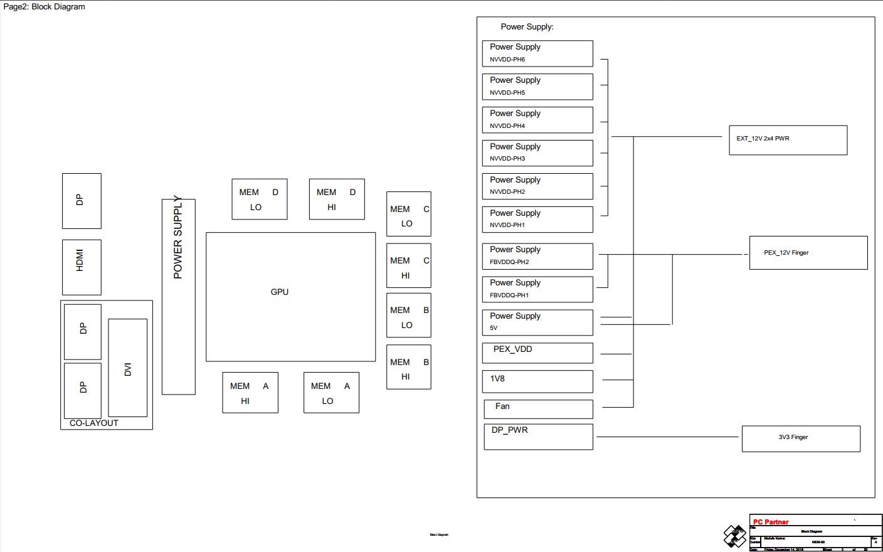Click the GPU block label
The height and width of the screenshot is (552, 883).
(x=280, y=292)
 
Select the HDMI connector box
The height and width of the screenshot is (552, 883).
(x=82, y=267)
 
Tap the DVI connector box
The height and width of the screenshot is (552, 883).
(x=128, y=368)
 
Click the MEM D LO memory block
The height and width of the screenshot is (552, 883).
(x=259, y=199)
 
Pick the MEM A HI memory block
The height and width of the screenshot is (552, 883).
(x=250, y=393)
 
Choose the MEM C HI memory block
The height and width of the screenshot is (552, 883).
(x=408, y=265)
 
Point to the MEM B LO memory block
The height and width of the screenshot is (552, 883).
(x=408, y=316)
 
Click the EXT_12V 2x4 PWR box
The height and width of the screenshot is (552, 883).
(x=788, y=140)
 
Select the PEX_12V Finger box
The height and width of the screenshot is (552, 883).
(x=808, y=253)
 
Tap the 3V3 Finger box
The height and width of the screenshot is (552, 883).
(x=800, y=438)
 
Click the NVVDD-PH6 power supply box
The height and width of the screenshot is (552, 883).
(x=537, y=53)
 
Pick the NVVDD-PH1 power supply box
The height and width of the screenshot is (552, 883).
(x=537, y=220)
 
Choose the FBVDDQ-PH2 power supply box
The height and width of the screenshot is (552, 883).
(x=537, y=256)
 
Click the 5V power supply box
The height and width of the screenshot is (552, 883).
(x=537, y=322)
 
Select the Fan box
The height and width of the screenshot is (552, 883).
(x=538, y=409)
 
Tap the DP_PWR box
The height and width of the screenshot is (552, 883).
(x=538, y=437)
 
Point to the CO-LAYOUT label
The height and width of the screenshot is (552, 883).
(x=94, y=423)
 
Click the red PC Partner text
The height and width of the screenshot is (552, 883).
(x=771, y=522)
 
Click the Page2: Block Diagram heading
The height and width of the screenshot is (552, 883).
(x=44, y=7)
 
